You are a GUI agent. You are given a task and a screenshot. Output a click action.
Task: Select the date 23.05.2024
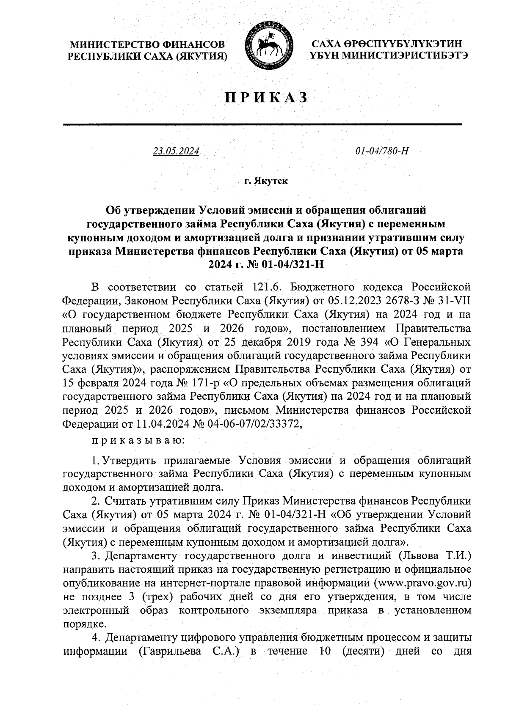click(176, 151)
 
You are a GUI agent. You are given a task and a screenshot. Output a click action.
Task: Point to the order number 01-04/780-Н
click(381, 151)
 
